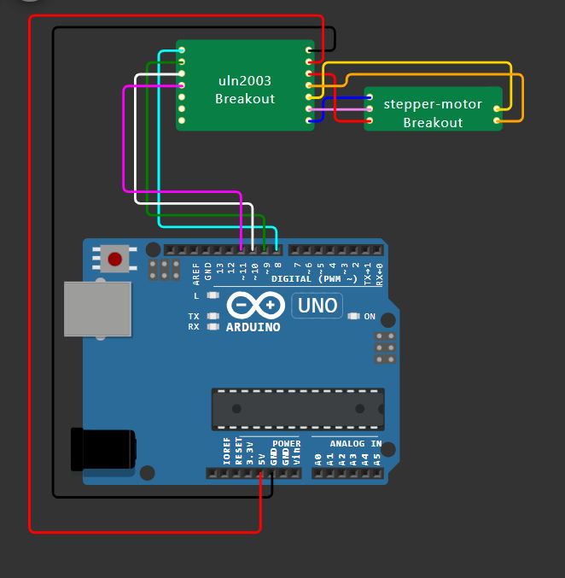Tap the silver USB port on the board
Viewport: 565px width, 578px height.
96,309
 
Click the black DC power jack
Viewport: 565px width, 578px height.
103,448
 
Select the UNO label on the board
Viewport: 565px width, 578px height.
317,305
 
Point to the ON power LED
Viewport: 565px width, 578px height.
355,317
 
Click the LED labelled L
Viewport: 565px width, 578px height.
213,295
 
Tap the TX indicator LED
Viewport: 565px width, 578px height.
213,316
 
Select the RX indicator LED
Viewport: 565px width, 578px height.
213,326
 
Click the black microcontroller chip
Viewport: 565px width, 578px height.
298,409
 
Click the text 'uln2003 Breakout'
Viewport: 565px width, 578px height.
244,90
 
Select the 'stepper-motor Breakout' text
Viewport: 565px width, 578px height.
433,113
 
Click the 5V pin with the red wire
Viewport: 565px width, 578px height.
260,473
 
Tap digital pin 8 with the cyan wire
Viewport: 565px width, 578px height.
277,250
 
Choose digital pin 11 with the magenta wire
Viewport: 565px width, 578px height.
242,250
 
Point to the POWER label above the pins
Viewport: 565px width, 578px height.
286,444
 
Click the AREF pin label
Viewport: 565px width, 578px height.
196,272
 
